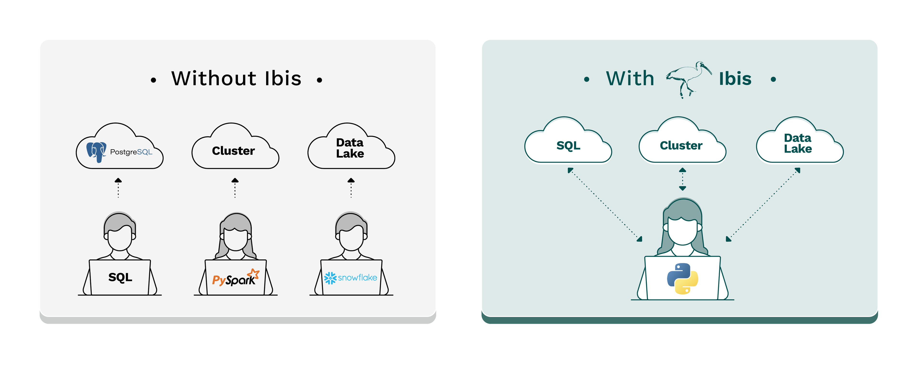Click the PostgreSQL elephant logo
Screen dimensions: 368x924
coord(96,152)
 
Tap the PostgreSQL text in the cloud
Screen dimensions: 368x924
coord(131,152)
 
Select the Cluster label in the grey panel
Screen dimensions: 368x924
coord(233,151)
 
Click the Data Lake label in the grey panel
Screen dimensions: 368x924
coord(350,148)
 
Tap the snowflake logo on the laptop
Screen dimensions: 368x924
coord(350,278)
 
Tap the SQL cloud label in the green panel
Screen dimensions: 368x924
coord(568,146)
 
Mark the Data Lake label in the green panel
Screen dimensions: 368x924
coord(797,143)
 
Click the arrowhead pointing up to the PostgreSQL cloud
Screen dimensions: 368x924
coord(118,181)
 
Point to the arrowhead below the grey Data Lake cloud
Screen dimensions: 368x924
coord(351,181)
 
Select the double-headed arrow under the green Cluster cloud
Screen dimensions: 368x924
coord(683,179)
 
